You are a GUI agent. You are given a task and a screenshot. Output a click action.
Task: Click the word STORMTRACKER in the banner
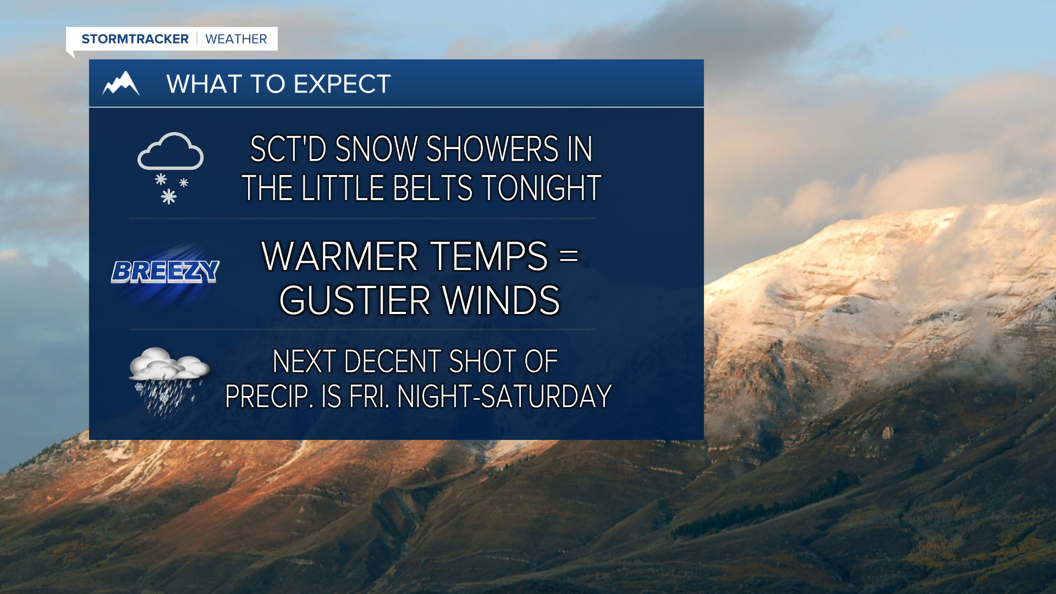click(x=135, y=39)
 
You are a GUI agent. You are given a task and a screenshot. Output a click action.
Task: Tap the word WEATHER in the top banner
click(x=236, y=39)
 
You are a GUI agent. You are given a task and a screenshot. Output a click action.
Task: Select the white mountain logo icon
click(x=121, y=84)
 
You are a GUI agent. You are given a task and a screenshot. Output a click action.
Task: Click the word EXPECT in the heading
click(x=342, y=84)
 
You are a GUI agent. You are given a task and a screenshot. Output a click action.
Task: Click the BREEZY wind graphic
click(x=165, y=272)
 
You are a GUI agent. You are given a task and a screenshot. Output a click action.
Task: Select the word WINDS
click(x=501, y=300)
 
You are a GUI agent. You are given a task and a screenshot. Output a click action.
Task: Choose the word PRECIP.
click(x=269, y=396)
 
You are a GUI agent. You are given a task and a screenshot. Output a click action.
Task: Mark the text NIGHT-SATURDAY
click(x=504, y=396)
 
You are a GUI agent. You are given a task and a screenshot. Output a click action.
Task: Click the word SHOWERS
click(x=492, y=149)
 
